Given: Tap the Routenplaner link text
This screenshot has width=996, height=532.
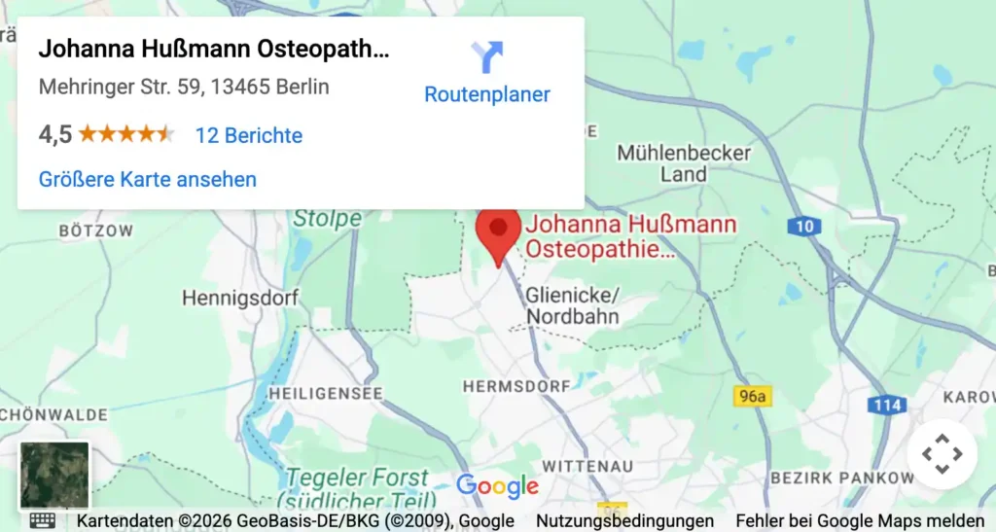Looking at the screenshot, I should [x=486, y=94].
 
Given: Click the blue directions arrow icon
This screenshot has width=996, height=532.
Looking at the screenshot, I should [x=486, y=56].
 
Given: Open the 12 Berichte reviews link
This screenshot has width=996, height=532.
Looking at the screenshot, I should [x=248, y=135].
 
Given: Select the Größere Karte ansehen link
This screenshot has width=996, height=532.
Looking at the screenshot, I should [x=148, y=179].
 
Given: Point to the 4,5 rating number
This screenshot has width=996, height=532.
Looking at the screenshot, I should [x=55, y=135].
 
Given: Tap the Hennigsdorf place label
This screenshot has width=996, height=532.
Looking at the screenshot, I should [x=240, y=298].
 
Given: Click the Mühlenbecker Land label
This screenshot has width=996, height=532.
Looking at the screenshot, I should [x=684, y=163].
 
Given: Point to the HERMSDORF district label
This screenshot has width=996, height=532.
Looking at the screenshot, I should [x=516, y=386].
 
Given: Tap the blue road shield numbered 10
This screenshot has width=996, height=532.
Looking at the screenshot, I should [x=803, y=227].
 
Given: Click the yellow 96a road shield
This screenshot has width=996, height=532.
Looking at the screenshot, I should [x=750, y=395].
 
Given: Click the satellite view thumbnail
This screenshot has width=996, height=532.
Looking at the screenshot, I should [x=54, y=476].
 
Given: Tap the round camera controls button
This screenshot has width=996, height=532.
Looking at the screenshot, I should [x=942, y=453].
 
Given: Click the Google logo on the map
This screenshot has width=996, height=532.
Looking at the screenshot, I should [x=497, y=486].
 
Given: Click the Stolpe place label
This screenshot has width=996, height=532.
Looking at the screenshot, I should [x=327, y=219].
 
